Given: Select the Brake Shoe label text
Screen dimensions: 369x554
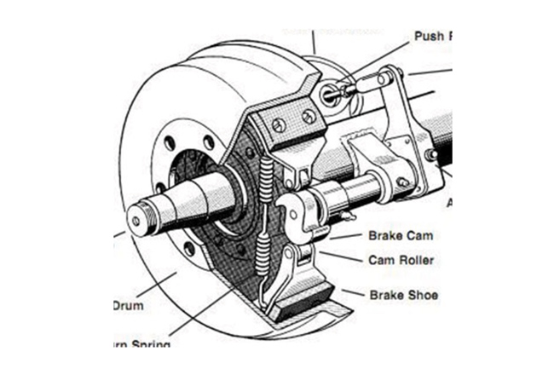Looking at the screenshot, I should (x=403, y=295).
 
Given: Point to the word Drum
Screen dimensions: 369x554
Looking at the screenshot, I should (x=128, y=305).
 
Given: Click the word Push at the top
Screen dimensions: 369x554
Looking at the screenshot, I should (x=429, y=37).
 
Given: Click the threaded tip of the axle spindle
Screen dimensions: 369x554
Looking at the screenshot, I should (x=136, y=220).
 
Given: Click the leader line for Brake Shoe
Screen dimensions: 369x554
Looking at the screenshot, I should (x=351, y=292).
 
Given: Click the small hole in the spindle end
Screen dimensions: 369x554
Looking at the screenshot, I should (x=136, y=221).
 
